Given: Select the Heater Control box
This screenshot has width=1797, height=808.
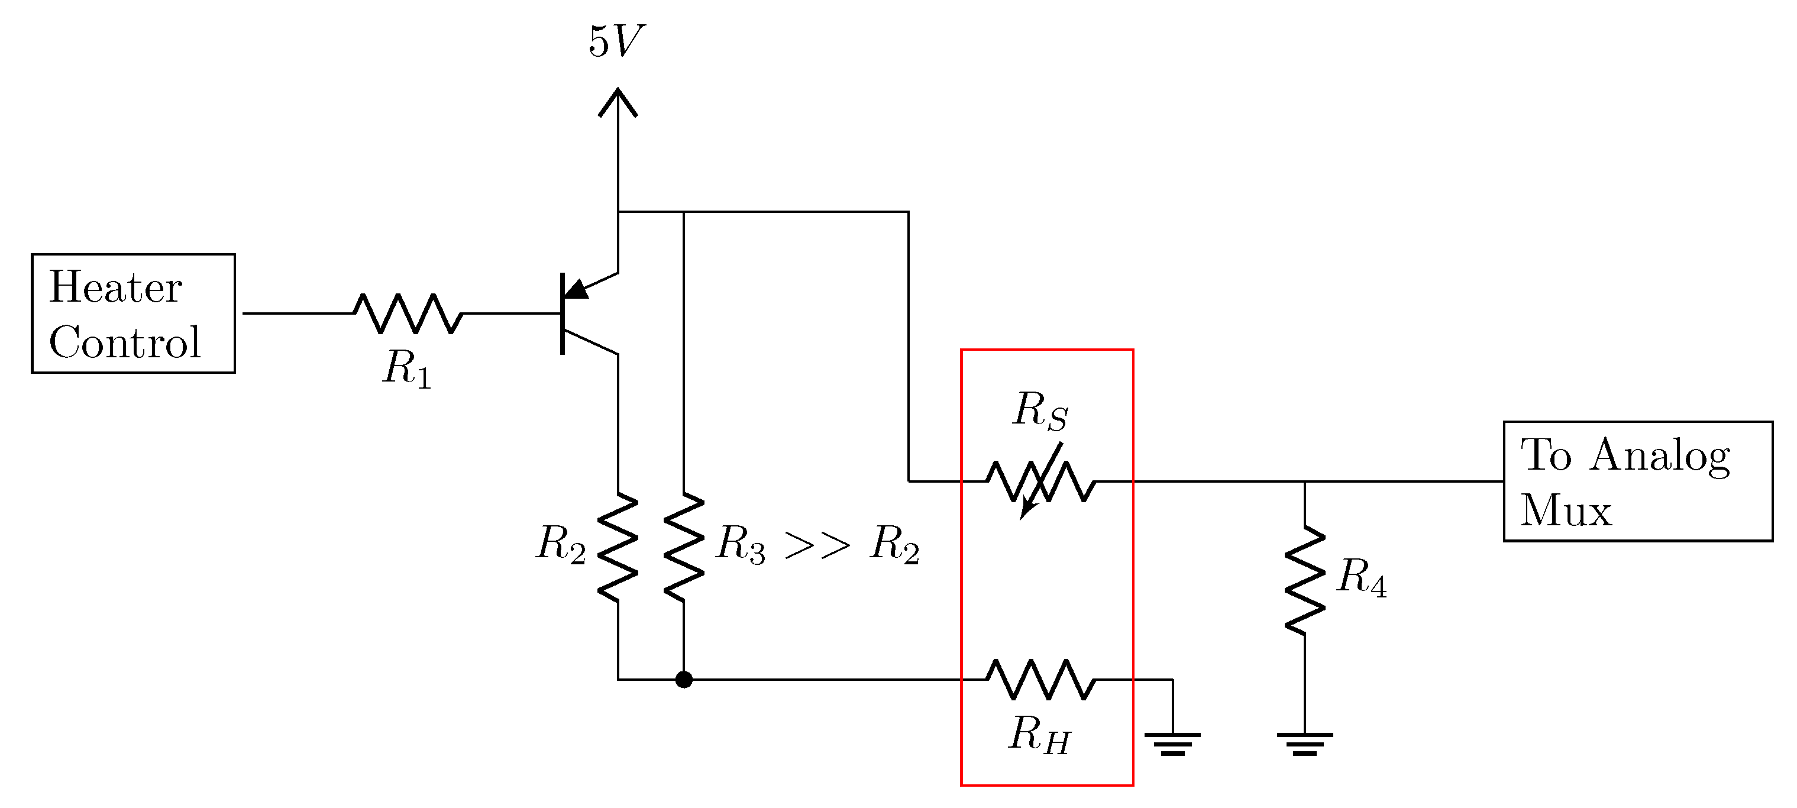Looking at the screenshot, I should [133, 314].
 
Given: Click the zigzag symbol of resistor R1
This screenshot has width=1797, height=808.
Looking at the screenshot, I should [408, 313].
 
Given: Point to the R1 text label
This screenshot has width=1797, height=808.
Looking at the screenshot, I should [408, 368].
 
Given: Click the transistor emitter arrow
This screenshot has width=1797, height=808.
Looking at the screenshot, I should [577, 288].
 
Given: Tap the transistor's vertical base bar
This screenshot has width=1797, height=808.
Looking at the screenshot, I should [563, 313].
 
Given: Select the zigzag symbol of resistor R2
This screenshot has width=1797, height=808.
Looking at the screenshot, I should [618, 548].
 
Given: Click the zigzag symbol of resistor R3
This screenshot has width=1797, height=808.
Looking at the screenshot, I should [684, 548].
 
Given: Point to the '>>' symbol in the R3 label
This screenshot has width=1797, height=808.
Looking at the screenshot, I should [817, 545].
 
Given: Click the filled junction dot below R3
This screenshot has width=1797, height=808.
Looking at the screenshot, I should [684, 679].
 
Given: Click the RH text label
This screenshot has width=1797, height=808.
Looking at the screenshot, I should [1039, 735].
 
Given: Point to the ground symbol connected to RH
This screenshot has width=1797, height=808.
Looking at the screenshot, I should [1172, 743].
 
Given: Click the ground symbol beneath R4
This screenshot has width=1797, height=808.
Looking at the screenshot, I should [1304, 743].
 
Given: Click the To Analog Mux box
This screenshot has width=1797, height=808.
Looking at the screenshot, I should [1637, 481].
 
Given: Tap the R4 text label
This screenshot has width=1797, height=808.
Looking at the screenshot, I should [1361, 578].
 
